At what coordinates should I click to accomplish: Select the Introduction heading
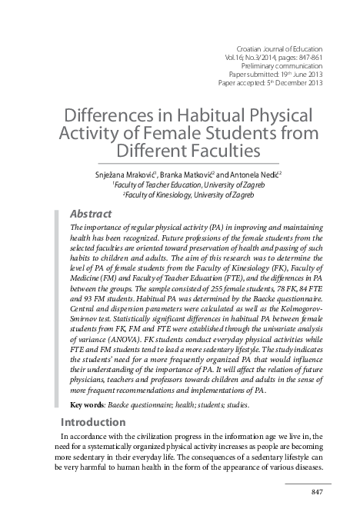pos(92,422)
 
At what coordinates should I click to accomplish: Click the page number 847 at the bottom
pos(316,492)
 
